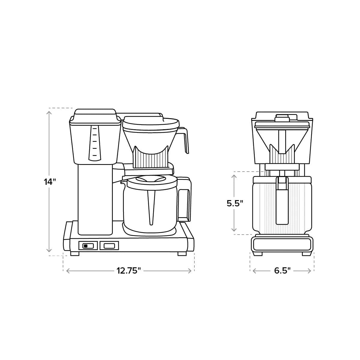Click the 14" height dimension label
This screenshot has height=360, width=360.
point(50,182)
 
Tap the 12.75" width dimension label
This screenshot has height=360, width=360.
point(129,271)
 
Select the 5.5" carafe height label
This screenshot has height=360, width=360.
point(235,203)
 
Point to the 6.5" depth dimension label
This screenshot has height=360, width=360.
point(282,271)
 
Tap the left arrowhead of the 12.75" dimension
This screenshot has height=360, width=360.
point(67,271)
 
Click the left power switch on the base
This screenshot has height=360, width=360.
point(88,246)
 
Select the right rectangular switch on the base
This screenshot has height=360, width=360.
point(109,246)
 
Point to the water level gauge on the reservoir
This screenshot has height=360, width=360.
point(94,142)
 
